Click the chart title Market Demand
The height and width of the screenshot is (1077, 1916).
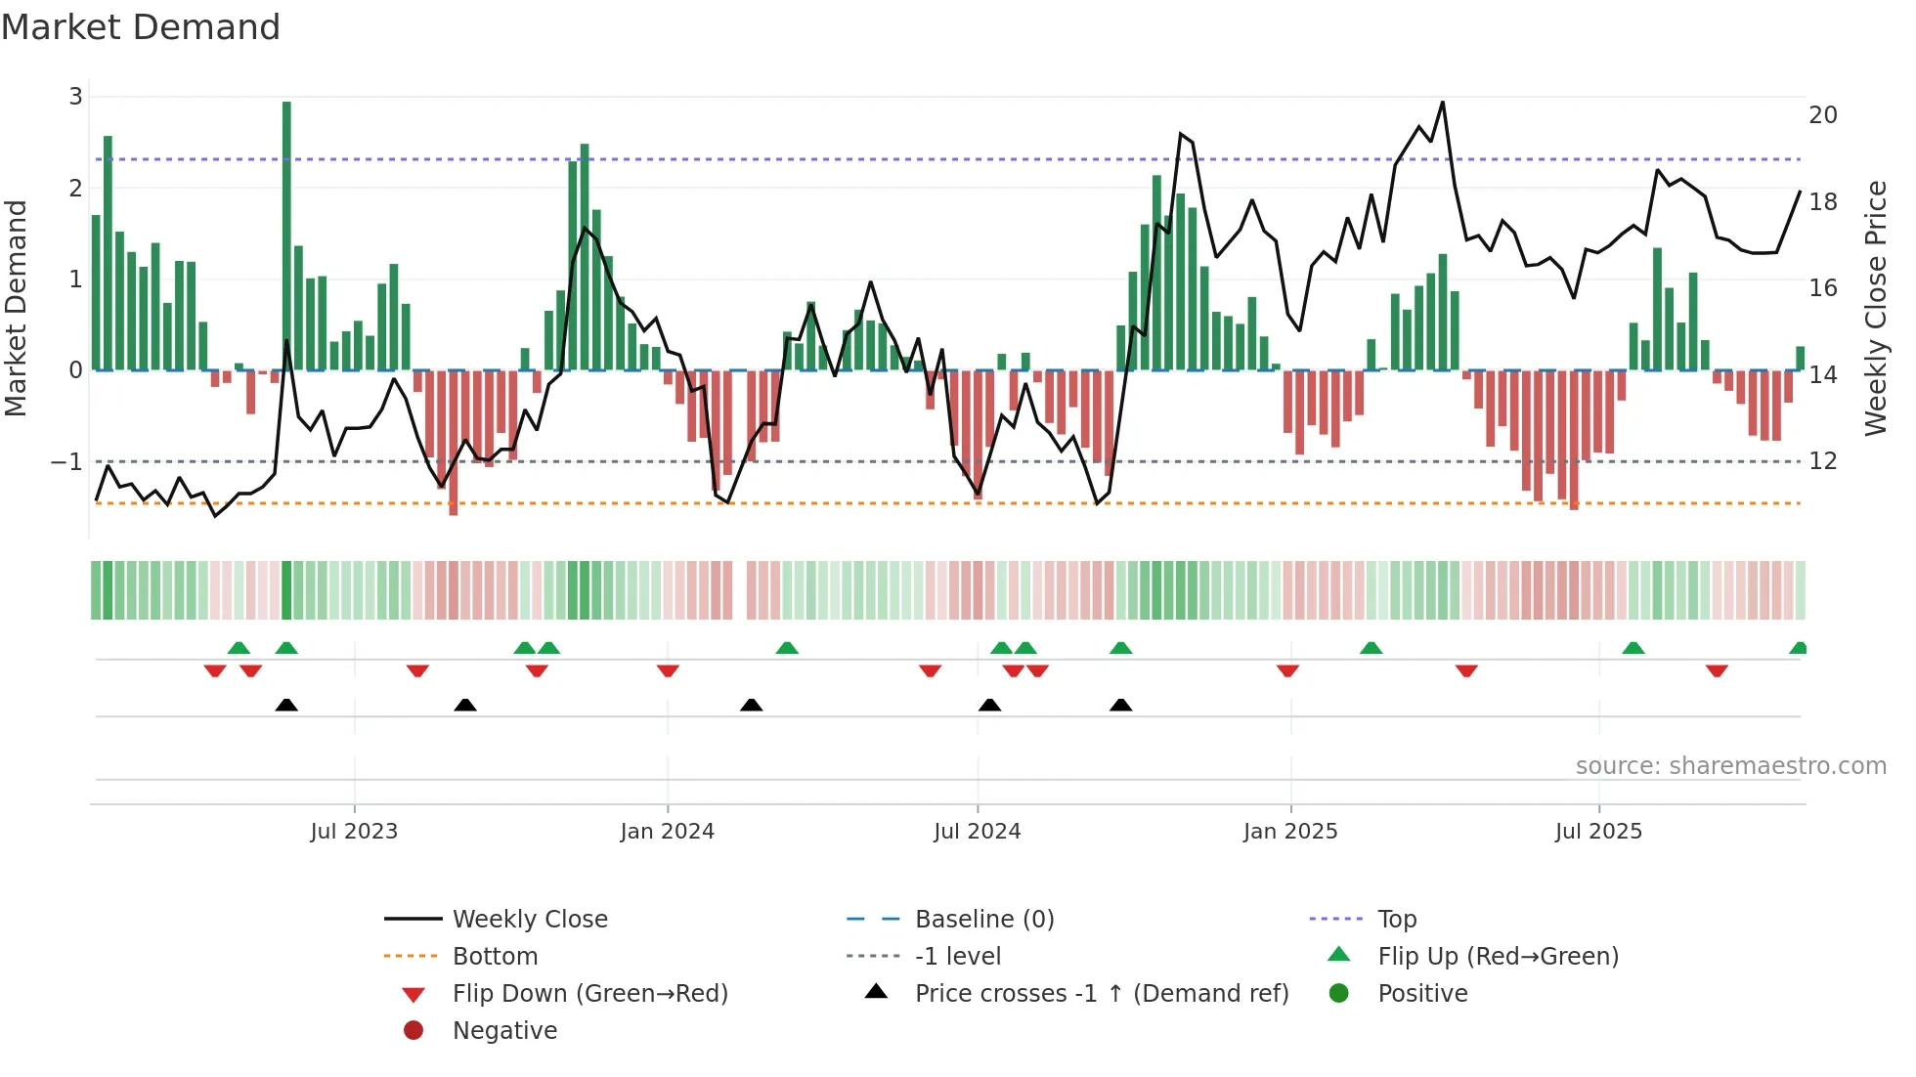click(x=141, y=27)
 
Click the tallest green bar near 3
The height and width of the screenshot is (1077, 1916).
click(x=286, y=235)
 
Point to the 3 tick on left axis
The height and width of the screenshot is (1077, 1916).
click(x=75, y=97)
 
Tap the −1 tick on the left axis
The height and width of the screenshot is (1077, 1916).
click(x=67, y=461)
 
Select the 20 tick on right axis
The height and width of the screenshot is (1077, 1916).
click(x=1823, y=115)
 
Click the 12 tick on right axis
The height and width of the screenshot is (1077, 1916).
click(x=1823, y=461)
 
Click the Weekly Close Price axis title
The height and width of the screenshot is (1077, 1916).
click(x=1875, y=308)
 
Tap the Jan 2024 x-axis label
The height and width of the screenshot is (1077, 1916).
click(x=668, y=832)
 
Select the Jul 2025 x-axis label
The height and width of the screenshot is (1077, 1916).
click(x=1598, y=832)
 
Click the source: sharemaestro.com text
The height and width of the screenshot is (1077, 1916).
click(x=1730, y=766)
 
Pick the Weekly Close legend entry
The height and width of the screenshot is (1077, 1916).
click(x=529, y=920)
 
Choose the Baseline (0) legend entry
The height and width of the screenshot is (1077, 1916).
click(x=983, y=920)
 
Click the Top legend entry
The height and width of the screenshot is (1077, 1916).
click(x=1397, y=920)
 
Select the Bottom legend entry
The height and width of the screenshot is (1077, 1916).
click(x=495, y=957)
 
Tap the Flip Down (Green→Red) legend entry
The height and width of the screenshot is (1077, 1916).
click(x=589, y=994)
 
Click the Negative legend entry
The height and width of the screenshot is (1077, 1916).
click(x=504, y=1031)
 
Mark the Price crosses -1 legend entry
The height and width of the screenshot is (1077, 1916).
click(x=1101, y=994)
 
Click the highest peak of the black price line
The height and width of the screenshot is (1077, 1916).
click(x=1442, y=103)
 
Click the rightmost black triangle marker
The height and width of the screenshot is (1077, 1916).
click(x=1121, y=706)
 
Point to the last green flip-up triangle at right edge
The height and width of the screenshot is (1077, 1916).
click(x=1798, y=648)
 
